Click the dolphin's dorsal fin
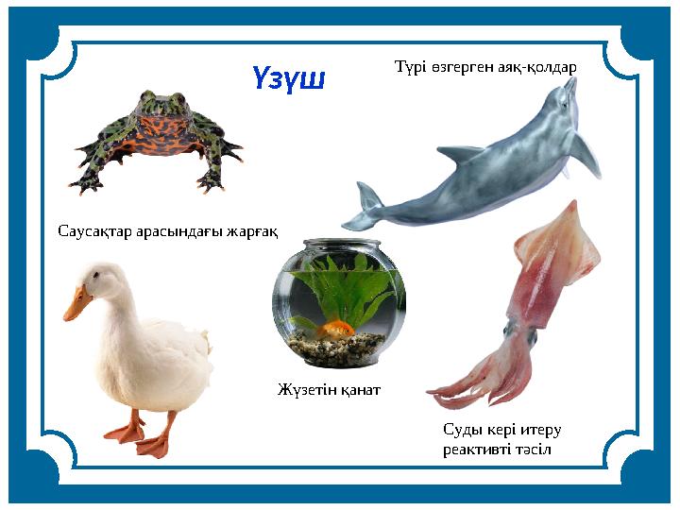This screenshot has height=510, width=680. tap(461, 153)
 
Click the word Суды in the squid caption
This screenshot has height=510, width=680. tap(461, 430)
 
